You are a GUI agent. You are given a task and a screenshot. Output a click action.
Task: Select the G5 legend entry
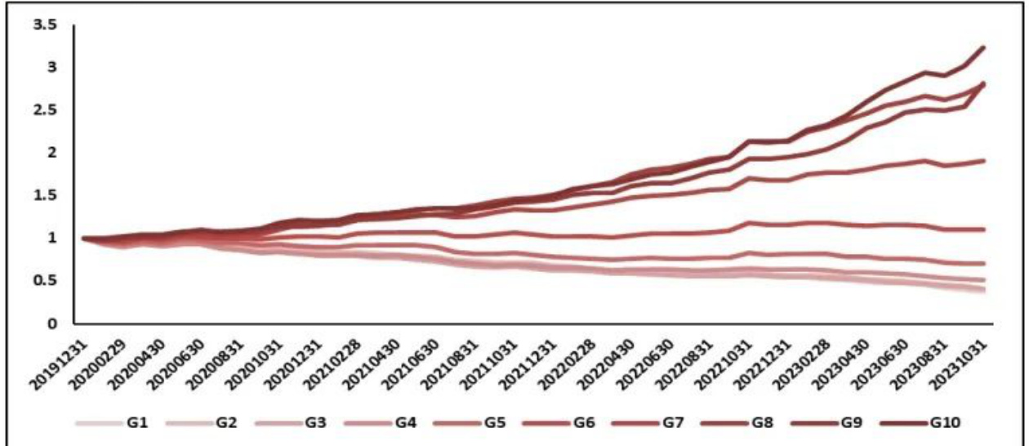[474, 422]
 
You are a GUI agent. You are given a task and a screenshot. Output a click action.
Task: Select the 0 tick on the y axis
[51, 323]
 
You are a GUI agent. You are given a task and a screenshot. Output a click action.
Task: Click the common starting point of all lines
[82, 239]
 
